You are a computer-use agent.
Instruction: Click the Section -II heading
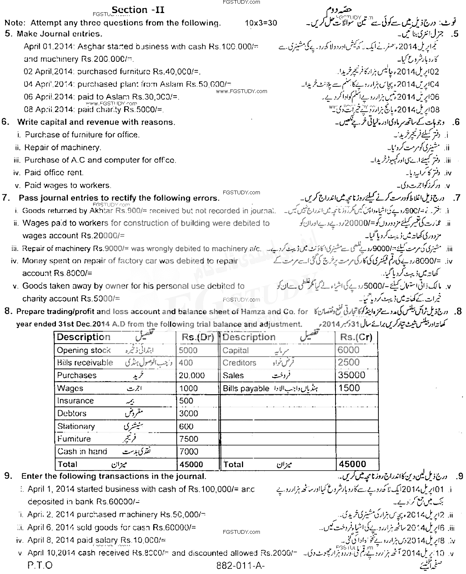point(138,10)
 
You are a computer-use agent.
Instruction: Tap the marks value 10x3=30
point(261,23)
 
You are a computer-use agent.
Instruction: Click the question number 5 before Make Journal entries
point(7,34)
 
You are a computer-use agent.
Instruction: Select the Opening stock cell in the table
point(84,350)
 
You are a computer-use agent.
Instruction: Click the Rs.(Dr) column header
point(197,337)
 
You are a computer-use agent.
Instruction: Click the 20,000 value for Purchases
point(192,376)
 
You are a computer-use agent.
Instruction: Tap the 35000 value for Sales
point(352,375)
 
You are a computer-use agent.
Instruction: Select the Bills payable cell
point(246,389)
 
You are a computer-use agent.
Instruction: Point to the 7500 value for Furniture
point(189,439)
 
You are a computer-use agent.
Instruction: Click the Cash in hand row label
point(82,452)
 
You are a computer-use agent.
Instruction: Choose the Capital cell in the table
point(236,350)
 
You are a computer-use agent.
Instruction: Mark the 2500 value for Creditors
point(349,363)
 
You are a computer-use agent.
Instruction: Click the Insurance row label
point(75,401)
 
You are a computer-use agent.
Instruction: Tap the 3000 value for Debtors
point(189,414)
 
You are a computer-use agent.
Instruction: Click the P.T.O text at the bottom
point(40,565)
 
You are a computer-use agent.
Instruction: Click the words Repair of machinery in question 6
point(63,148)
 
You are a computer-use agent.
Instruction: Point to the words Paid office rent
point(54,173)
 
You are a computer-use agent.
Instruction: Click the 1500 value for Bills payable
point(349,388)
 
